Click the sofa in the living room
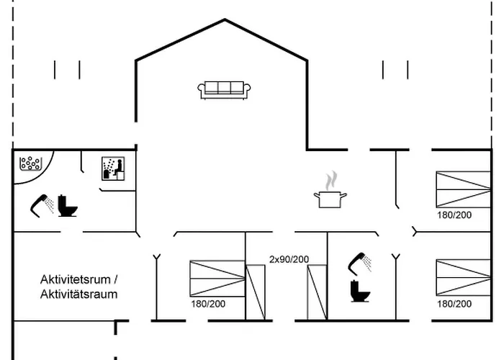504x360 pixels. pos(225,89)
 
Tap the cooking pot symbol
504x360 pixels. pos(330,199)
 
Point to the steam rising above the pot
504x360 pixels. pos(330,179)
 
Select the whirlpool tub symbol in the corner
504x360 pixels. pos(31,163)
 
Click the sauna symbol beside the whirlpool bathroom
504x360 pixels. pos(114,168)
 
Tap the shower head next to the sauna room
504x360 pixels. pos(42,204)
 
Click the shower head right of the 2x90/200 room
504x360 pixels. pos(360,262)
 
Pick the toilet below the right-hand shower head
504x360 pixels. pos(358,291)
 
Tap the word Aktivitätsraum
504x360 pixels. pos(78,294)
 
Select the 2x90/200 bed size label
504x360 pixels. pos(289,259)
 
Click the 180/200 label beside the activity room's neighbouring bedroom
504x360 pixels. pos(208,304)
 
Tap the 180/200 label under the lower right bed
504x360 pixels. pos(454,304)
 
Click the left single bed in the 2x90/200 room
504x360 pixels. pos(256,292)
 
